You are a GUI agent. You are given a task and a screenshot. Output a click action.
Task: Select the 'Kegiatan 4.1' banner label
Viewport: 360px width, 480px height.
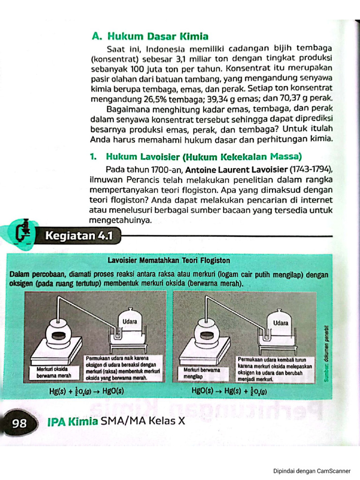79,236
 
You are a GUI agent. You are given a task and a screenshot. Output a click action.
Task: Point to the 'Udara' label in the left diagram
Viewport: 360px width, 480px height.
129,322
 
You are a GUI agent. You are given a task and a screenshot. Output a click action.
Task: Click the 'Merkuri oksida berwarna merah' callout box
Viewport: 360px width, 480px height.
54,372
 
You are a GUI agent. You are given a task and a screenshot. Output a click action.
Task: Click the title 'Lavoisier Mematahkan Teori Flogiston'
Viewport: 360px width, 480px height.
169,260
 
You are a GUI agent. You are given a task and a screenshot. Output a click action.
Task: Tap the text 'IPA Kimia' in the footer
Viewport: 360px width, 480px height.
73,421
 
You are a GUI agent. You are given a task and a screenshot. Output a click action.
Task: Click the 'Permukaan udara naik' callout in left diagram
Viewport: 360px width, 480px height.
123,368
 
